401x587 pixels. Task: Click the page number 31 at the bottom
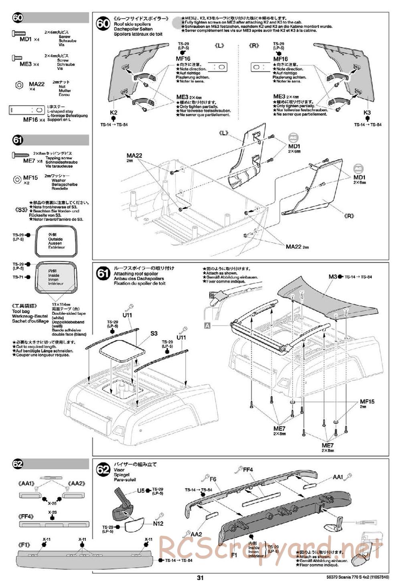coord(200,578)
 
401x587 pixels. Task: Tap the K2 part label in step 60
coord(113,113)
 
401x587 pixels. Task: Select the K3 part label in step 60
coord(367,113)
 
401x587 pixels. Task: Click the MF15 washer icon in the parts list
coord(18,179)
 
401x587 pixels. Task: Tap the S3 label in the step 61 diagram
coord(154,333)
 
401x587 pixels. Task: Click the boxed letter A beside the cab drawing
coord(207,326)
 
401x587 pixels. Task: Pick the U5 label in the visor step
coord(141,490)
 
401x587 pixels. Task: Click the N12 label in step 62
coord(158,523)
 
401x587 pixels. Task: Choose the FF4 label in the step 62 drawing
coord(248,470)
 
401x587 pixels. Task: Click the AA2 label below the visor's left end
coord(196,534)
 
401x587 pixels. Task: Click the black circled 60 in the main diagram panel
coord(103,23)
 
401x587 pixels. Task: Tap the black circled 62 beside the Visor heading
coord(103,470)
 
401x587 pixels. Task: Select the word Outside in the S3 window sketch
coord(56,239)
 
